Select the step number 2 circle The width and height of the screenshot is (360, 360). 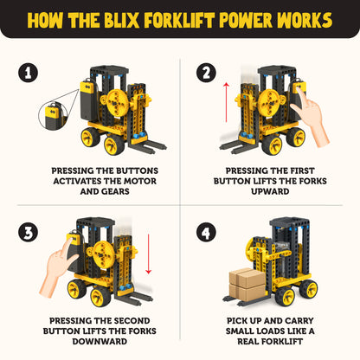coord(205,74)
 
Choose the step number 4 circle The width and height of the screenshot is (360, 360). coord(205,233)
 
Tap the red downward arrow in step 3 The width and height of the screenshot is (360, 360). coord(150,260)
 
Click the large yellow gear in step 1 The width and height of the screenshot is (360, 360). coord(113,104)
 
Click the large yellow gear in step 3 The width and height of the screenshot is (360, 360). coord(98,254)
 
